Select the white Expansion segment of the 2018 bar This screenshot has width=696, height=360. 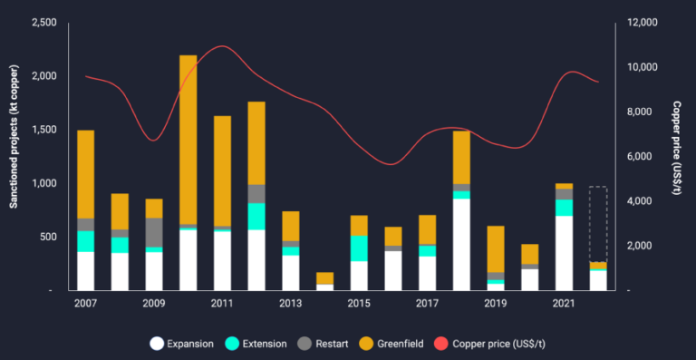461,244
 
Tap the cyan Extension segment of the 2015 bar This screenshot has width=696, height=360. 359,248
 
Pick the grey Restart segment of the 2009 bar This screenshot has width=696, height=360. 154,231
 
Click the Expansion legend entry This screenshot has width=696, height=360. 182,344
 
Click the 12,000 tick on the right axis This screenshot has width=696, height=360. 638,23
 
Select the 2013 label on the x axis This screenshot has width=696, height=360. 290,302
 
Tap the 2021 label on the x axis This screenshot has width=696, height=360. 564,302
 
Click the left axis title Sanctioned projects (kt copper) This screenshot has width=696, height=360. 14,145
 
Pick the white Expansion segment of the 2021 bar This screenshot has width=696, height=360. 564,253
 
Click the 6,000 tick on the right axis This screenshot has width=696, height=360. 634,157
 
